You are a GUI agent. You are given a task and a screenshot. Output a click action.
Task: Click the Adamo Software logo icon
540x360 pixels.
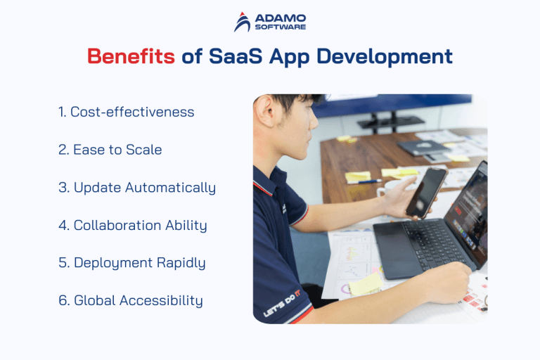242,22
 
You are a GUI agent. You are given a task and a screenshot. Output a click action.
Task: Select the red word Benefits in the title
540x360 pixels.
131,56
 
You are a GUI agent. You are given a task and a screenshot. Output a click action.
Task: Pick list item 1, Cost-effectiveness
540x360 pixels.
127,112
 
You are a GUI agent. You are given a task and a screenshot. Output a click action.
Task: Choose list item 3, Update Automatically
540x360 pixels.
137,188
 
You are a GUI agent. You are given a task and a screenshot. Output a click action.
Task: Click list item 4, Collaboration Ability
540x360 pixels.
133,225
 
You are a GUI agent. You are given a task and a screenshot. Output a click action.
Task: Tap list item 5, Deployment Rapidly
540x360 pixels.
132,263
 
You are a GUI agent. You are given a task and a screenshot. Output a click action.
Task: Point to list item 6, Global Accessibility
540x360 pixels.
131,300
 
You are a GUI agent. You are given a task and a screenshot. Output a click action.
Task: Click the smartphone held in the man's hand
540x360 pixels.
425,191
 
